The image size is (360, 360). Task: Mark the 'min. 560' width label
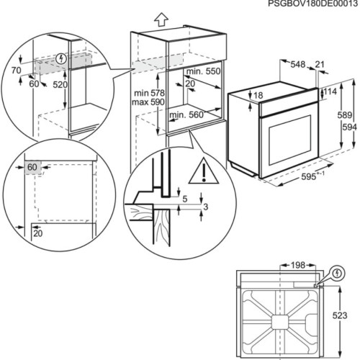click(186, 115)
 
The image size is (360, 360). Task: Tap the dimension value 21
click(319, 64)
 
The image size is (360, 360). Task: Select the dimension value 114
click(330, 92)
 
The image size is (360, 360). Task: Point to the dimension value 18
click(258, 95)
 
